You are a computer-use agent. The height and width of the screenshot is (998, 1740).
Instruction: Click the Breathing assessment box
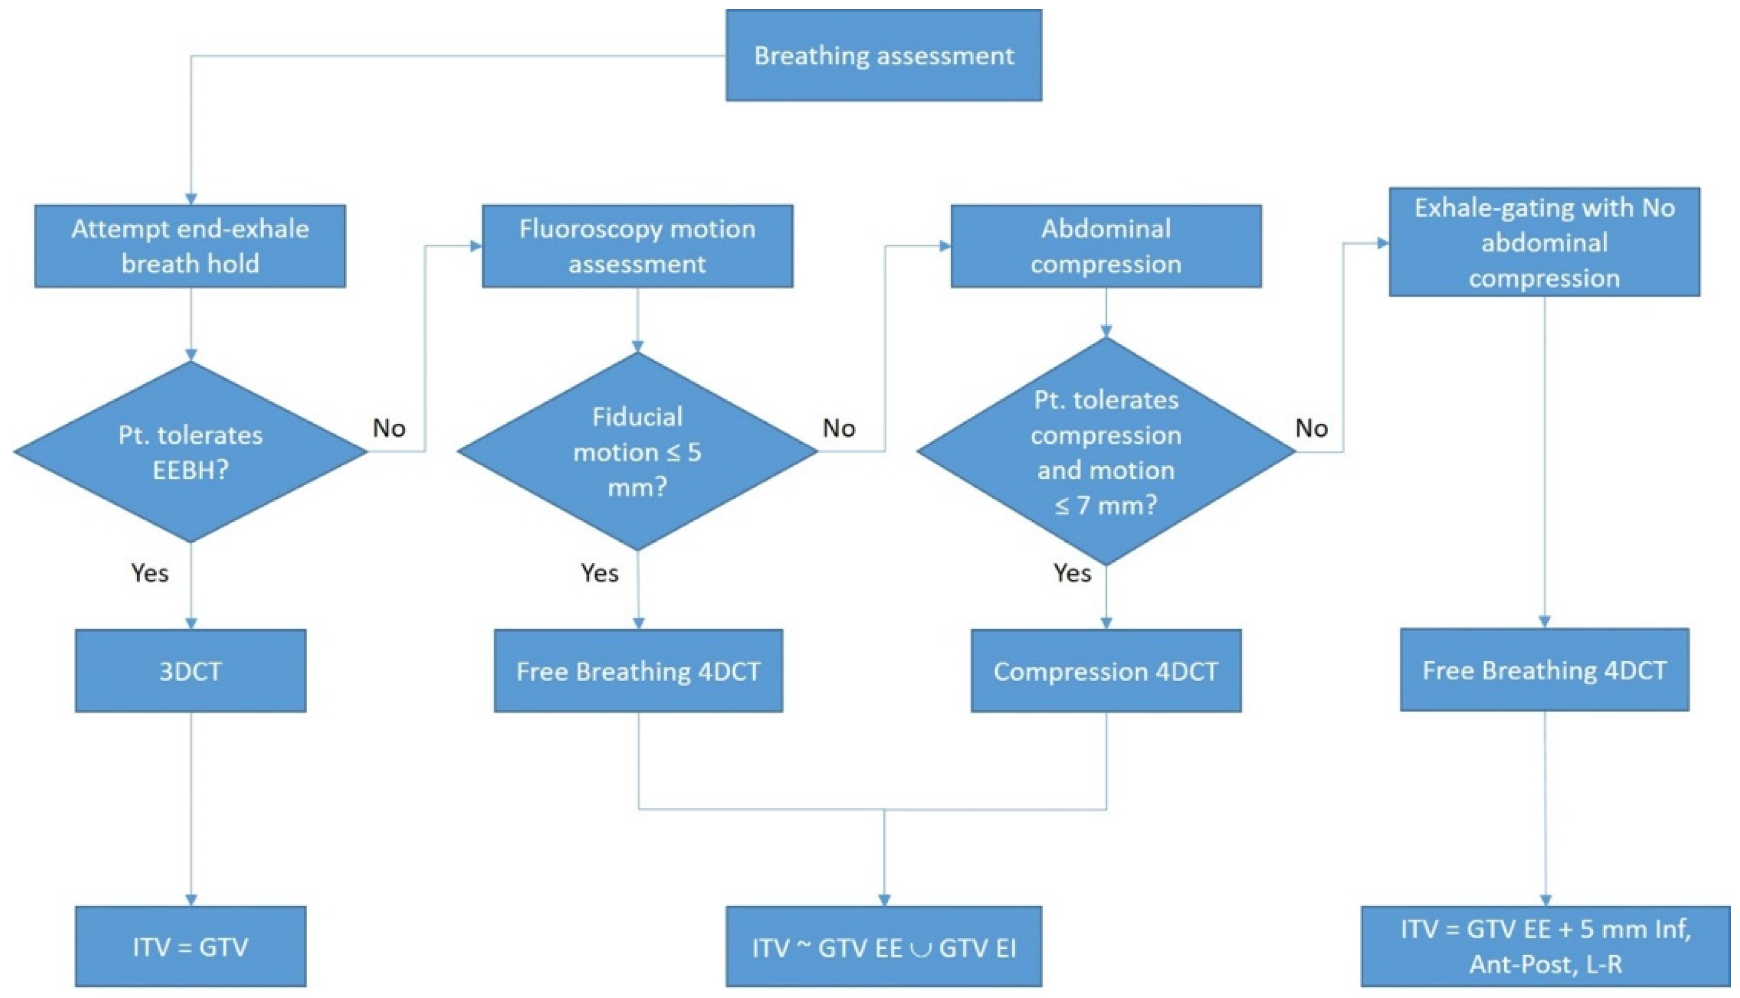[884, 56]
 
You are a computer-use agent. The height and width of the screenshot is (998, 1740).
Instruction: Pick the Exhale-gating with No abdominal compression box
[1545, 242]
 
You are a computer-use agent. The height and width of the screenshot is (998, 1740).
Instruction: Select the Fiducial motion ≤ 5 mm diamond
[638, 452]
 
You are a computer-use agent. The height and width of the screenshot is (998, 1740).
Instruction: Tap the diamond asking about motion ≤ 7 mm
[1106, 452]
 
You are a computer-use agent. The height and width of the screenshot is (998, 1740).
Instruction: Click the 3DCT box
[191, 671]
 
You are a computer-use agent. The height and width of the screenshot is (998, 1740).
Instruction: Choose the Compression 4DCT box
[1106, 671]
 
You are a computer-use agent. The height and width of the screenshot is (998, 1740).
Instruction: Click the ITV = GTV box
[191, 947]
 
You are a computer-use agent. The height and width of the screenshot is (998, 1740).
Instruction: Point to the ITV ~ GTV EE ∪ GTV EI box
[884, 947]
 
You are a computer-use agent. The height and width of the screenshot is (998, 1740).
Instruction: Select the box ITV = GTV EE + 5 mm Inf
[1546, 947]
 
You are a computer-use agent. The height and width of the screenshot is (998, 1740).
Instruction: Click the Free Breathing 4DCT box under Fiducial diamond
[638, 671]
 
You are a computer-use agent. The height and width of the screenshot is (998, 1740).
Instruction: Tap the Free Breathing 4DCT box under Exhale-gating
[1545, 669]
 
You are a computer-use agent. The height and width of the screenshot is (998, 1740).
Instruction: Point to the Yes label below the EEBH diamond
[150, 572]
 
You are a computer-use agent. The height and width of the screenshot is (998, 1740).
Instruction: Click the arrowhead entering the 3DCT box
[191, 624]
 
